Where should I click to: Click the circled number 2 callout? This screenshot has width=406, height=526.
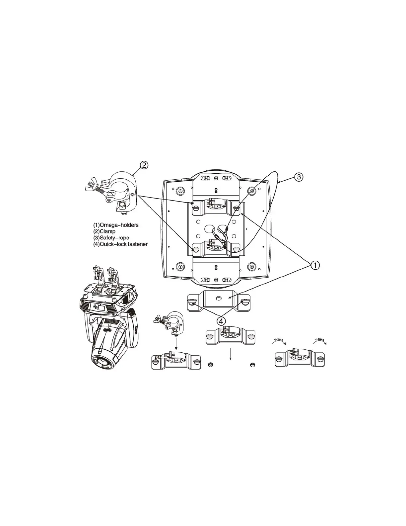144,165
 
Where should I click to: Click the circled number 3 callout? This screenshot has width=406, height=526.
299,177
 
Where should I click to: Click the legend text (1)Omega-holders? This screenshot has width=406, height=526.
116,225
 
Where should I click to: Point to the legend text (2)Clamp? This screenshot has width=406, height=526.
104,231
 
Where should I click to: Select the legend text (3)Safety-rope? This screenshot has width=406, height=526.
111,238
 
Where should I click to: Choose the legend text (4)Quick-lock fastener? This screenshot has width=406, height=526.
120,244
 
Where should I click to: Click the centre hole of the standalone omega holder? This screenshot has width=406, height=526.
219,299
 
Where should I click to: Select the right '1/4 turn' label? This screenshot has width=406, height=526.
319,340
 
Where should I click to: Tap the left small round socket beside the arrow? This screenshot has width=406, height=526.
210,365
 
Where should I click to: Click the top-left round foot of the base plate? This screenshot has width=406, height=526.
180,191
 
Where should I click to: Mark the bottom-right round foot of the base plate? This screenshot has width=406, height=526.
252,267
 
